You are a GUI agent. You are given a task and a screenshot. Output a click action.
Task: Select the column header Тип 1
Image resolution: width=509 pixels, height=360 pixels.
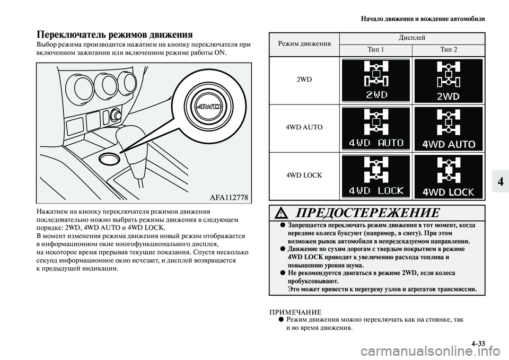tap(376, 49)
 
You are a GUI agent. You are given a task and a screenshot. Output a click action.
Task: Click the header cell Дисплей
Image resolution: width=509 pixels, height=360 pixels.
tap(412, 38)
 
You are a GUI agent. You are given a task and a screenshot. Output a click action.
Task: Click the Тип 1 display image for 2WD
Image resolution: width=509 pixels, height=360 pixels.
tap(376, 80)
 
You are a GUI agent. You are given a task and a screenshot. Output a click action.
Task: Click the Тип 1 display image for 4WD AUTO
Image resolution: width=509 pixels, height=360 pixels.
tap(376, 128)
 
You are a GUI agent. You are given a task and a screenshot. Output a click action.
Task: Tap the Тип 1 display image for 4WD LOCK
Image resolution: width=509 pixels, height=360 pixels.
tap(376, 175)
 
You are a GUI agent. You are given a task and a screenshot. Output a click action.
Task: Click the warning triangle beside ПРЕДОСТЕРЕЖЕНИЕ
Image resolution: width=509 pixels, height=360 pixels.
tap(283, 214)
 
